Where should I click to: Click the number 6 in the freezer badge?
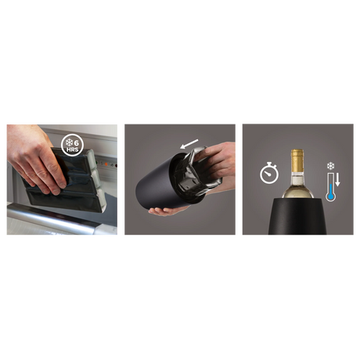[x=77, y=143]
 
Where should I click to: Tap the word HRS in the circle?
[x=72, y=150]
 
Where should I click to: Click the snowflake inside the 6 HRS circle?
[x=69, y=142]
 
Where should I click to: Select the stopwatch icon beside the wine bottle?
[x=269, y=173]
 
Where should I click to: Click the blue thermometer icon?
[x=331, y=187]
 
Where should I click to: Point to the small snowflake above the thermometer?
[x=330, y=166]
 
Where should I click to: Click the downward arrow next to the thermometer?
[x=337, y=180]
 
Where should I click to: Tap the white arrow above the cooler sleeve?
[x=189, y=144]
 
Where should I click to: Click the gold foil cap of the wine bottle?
[x=297, y=160]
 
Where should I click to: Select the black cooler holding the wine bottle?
[x=297, y=216]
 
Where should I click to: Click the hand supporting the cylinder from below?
[x=167, y=210]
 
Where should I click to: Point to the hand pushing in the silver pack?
[x=215, y=162]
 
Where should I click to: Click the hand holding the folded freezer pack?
[x=35, y=159]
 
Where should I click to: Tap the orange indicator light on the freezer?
[x=106, y=164]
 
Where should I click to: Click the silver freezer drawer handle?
[x=52, y=218]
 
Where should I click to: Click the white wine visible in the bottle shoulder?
[x=297, y=189]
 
